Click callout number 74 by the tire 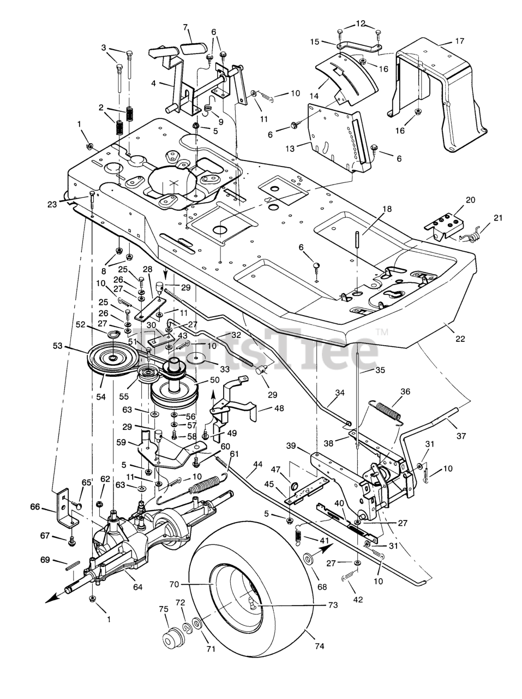[x=319, y=646]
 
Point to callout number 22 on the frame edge [x=460, y=339]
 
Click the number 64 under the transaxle [x=137, y=587]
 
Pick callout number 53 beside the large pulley [x=57, y=345]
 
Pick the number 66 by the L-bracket [x=35, y=508]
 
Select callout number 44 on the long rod [x=257, y=464]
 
